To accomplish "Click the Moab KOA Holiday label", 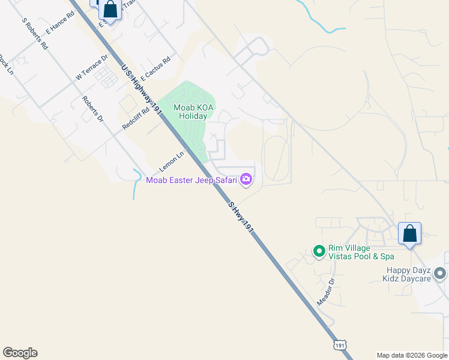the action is (x=190, y=112).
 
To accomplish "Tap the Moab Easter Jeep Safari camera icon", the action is (x=246, y=179).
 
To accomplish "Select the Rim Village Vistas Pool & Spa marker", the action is (x=319, y=252).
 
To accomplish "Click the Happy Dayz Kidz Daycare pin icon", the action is (x=440, y=274).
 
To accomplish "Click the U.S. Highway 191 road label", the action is (x=142, y=94).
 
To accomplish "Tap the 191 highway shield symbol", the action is (x=340, y=345).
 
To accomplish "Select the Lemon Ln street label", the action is (x=172, y=160).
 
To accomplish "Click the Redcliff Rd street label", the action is (x=135, y=119).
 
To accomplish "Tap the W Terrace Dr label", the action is (x=92, y=67).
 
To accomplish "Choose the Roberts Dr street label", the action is (x=92, y=109).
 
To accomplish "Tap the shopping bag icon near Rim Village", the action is (x=409, y=233).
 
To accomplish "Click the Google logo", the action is (x=20, y=353).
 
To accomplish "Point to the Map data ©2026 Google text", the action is (x=412, y=355).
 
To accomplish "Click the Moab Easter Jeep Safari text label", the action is (x=192, y=179).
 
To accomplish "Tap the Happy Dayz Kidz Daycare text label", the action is (x=408, y=274).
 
